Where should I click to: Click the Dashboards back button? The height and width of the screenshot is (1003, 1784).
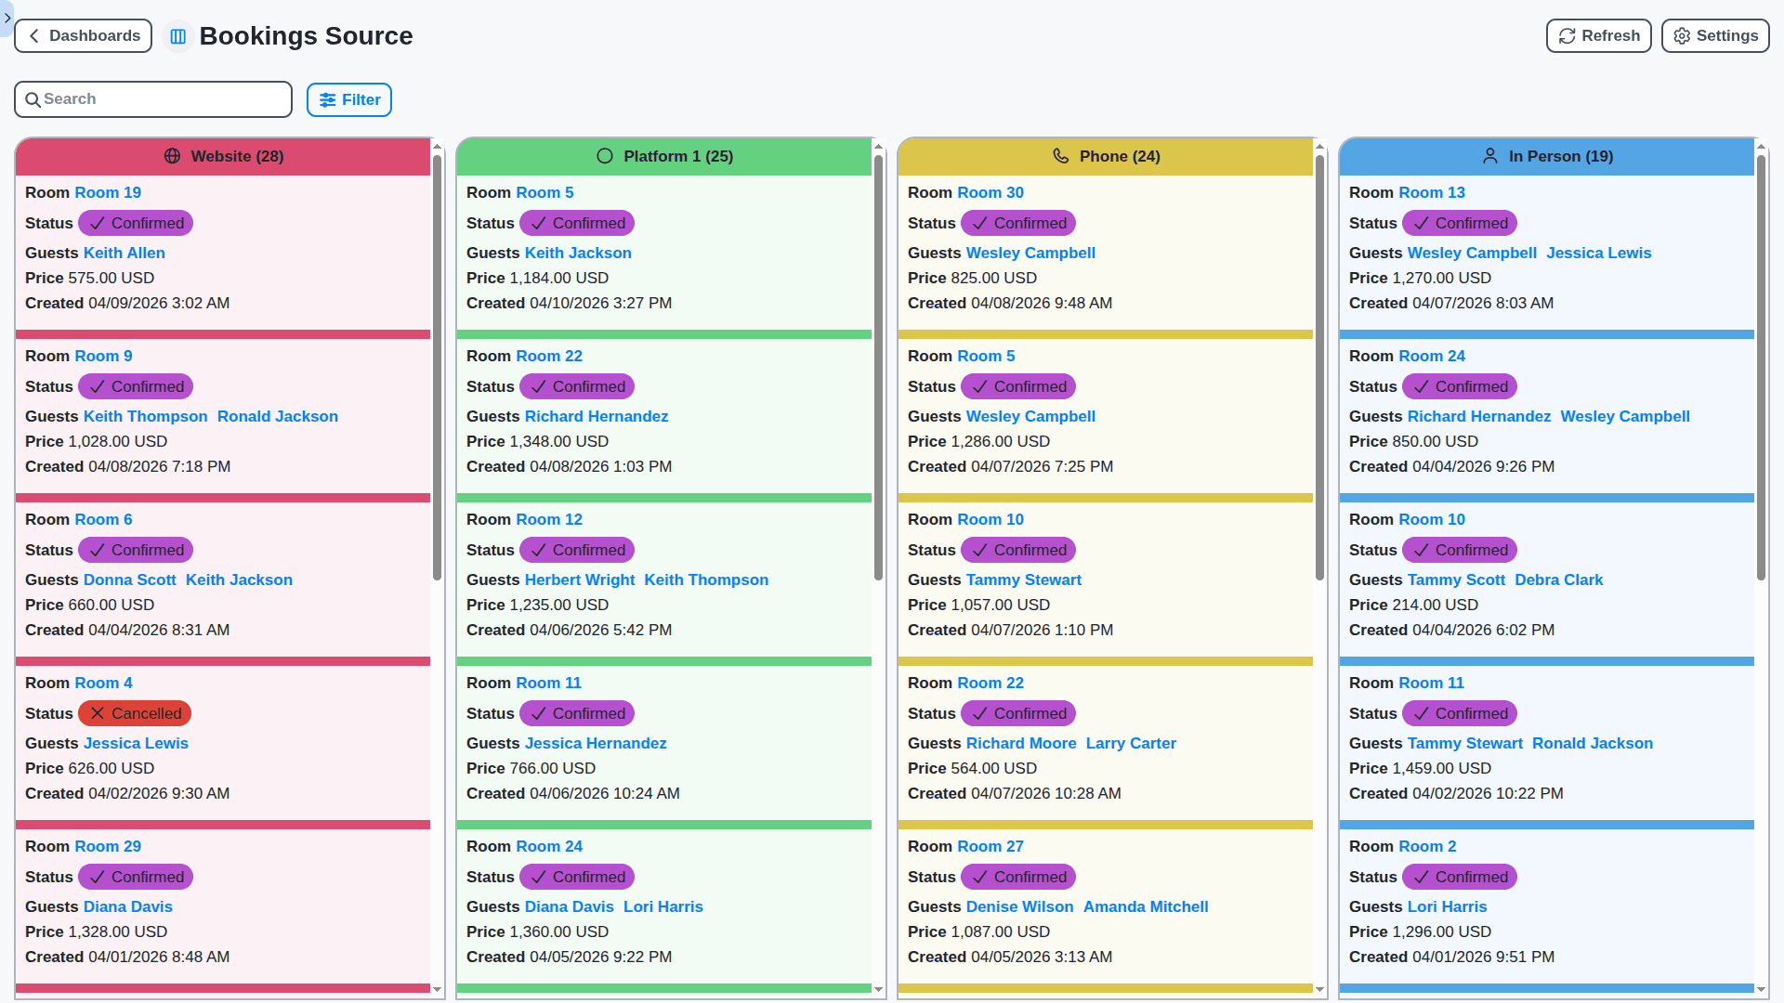tap(84, 36)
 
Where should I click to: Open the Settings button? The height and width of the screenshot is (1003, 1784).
tap(1714, 36)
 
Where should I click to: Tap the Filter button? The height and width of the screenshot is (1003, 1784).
tap(349, 100)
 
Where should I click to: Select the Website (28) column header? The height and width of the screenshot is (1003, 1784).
tap(223, 156)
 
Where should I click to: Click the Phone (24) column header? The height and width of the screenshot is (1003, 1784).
tap(1106, 156)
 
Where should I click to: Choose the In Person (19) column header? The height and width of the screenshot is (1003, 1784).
tap(1547, 156)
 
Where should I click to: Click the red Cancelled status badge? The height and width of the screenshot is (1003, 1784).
tap(136, 713)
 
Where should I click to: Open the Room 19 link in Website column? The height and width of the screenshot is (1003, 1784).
tap(108, 192)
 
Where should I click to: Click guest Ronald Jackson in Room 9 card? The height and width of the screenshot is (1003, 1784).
tap(277, 416)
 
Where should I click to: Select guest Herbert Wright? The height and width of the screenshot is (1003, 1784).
tap(580, 580)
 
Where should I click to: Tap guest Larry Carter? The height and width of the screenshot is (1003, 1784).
tap(1131, 743)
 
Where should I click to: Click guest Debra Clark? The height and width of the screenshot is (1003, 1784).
tap(1558, 580)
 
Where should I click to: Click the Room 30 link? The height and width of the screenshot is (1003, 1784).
tap(990, 192)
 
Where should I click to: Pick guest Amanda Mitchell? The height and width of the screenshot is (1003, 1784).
tap(1145, 906)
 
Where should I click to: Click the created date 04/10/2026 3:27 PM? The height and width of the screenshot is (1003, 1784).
tap(600, 303)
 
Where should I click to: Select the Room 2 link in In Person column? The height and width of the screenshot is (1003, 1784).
tap(1427, 846)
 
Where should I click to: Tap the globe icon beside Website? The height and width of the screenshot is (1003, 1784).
tap(172, 156)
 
